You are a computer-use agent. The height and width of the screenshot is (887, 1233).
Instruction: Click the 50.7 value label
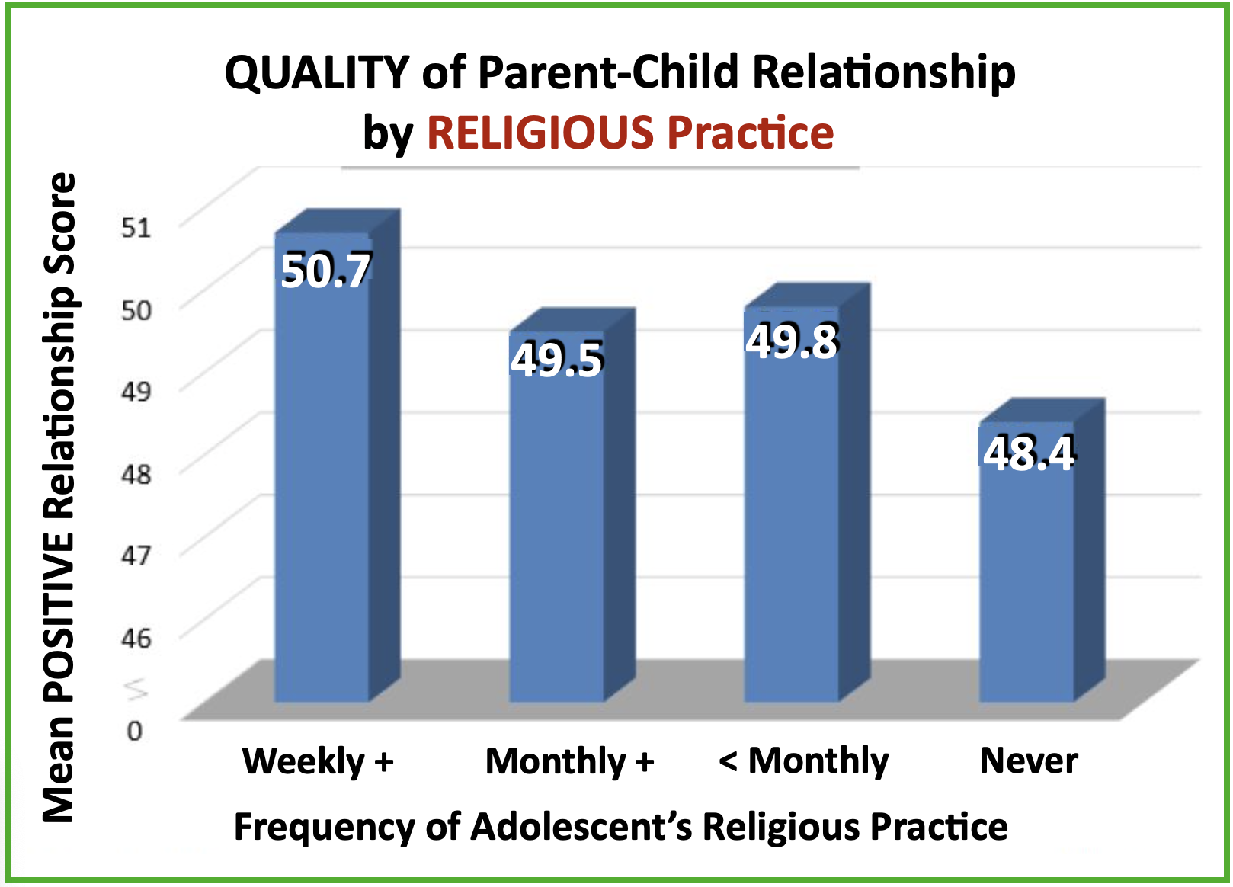point(326,271)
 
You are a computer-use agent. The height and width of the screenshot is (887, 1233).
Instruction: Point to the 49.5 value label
point(557,360)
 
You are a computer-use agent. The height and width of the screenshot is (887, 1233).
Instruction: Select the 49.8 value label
point(792,341)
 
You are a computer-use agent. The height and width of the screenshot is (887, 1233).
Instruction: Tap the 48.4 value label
point(1029,453)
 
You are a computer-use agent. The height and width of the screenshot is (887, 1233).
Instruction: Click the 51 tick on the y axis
point(136,226)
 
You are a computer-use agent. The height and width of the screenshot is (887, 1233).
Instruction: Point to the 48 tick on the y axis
point(136,474)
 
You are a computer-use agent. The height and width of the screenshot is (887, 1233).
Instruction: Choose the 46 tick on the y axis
point(136,637)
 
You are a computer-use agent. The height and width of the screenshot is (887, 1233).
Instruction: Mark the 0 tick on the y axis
point(135,731)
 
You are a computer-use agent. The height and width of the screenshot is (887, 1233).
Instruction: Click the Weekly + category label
point(318,761)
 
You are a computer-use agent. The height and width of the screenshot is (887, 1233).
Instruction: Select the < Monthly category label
point(803,761)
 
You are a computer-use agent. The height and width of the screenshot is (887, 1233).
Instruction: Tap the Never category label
point(1029,761)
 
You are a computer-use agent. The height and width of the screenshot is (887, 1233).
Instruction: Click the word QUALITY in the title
point(317,73)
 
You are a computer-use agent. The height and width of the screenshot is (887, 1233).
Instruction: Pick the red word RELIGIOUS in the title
point(540,133)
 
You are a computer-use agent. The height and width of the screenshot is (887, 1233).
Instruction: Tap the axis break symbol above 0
point(136,689)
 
